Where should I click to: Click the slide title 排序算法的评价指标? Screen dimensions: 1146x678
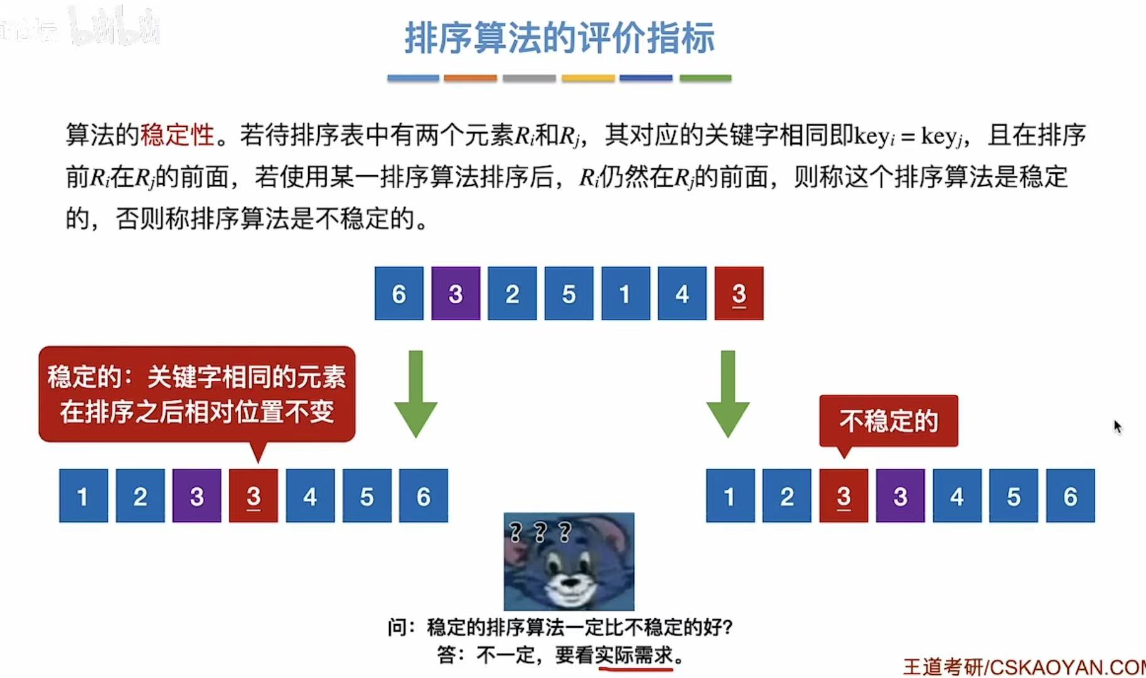tap(559, 38)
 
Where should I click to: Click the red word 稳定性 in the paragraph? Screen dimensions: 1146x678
tap(178, 135)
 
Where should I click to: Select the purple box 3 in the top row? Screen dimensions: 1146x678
tap(456, 293)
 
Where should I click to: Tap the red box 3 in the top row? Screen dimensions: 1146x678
tap(739, 293)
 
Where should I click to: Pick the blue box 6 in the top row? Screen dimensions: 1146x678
tap(399, 293)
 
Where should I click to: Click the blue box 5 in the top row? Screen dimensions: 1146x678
tap(569, 293)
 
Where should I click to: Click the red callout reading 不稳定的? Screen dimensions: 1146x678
tap(888, 421)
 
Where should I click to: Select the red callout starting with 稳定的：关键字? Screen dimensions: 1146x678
tap(196, 394)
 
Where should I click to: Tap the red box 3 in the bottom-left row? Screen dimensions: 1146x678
tap(254, 496)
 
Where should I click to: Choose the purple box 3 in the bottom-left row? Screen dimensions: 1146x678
tap(197, 496)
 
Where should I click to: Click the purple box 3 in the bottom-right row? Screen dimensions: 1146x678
tap(900, 496)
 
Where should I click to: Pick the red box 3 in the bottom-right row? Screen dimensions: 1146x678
tap(843, 496)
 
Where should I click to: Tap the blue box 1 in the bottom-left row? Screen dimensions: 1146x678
tap(83, 496)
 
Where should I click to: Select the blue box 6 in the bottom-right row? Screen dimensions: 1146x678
tap(1070, 496)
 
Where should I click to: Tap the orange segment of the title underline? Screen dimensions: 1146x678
tap(470, 78)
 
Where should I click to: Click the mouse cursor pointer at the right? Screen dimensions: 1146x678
tap(1117, 427)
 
